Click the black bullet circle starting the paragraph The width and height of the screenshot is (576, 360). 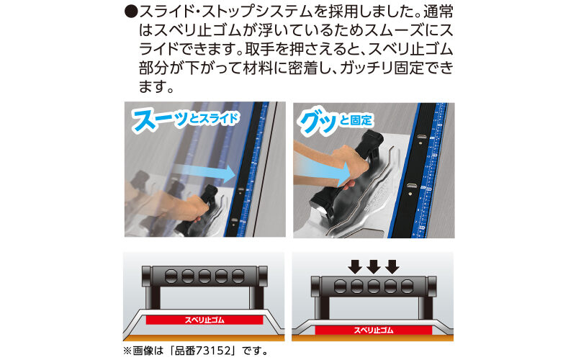tap(131, 13)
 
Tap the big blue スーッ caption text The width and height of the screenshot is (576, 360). tap(160, 120)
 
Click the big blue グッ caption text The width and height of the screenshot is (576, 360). tap(318, 122)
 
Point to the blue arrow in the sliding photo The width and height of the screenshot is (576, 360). tap(204, 174)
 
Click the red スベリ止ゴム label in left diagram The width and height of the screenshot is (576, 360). tap(204, 320)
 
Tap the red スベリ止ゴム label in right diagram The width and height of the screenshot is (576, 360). tap(373, 330)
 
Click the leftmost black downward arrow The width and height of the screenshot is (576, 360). tap(355, 267)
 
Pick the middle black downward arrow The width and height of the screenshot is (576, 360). tap(374, 267)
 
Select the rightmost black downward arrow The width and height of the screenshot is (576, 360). tap(392, 267)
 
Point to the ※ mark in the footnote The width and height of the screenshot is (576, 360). tap(127, 351)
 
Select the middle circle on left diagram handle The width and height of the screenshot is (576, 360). tap(204, 276)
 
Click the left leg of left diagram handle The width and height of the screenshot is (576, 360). tap(153, 297)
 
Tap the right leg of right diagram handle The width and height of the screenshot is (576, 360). tap(425, 308)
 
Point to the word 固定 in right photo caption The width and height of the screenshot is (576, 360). tap(361, 120)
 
